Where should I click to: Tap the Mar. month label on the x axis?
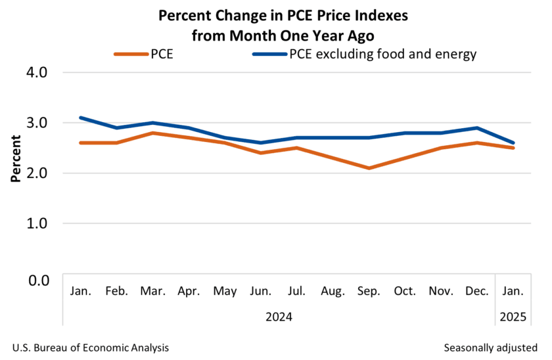click(152, 290)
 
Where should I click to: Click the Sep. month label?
click(369, 290)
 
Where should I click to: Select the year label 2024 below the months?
click(279, 316)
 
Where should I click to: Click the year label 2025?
click(513, 316)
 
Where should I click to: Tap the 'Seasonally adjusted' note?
click(490, 347)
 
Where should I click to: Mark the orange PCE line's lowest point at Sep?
click(369, 168)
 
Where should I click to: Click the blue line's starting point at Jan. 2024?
click(80, 118)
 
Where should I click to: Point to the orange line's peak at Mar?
click(152, 133)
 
